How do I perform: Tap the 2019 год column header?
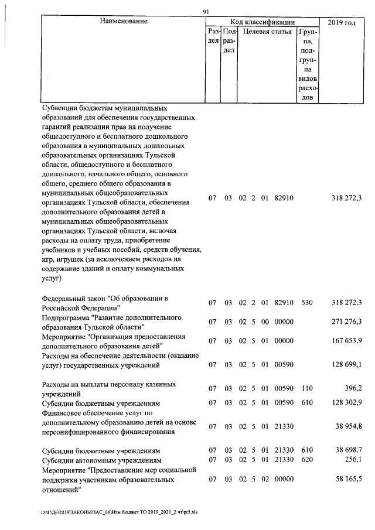click(342, 22)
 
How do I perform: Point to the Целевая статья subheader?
click(267, 32)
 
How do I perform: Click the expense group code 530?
click(306, 303)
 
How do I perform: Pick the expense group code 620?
click(306, 460)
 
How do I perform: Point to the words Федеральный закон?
click(76, 298)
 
